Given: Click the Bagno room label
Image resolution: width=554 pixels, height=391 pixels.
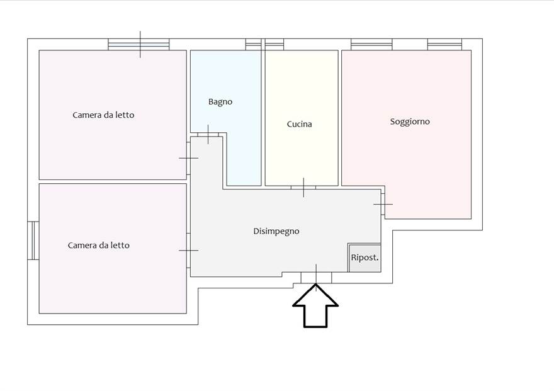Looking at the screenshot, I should tap(220, 101).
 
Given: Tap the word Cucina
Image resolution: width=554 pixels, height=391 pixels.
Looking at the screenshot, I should tap(299, 124).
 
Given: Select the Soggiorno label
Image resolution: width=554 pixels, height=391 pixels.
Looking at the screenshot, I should tap(410, 122).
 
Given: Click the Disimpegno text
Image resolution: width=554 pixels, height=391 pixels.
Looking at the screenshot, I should tap(276, 231).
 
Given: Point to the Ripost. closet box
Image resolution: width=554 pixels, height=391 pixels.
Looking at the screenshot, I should tap(365, 258).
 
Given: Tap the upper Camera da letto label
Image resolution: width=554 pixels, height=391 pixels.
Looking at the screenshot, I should tap(103, 115).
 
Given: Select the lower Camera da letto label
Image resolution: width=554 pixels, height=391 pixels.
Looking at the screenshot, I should tap(99, 245).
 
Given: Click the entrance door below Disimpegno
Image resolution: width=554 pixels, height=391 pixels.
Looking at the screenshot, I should tap(316, 276).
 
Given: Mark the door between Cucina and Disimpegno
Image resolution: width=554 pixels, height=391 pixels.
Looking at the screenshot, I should tap(303, 188).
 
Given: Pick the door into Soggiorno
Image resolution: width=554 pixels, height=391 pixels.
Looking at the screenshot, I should tap(383, 205).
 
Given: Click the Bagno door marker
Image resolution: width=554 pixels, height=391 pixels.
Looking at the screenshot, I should tap(208, 134).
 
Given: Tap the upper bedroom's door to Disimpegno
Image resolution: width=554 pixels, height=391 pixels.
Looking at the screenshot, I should tap(188, 158).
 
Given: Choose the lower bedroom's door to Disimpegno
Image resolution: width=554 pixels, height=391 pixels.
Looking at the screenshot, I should tap(188, 250).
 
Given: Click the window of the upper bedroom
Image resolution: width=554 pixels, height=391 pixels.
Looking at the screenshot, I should tap(139, 45).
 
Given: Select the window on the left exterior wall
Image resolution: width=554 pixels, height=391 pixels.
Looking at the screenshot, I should tap(33, 240).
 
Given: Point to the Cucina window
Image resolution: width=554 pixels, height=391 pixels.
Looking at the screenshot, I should tap(274, 45).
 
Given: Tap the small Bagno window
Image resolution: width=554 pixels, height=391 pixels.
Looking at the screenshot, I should tap(253, 45).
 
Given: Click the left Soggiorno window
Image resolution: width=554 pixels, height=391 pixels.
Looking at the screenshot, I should tap(371, 45).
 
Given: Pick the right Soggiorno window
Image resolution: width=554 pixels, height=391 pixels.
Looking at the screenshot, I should tap(444, 45).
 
